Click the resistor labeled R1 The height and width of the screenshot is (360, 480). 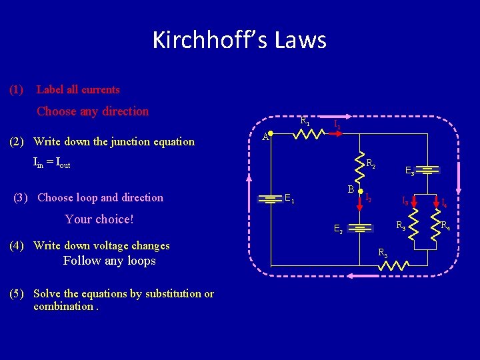tap(309, 134)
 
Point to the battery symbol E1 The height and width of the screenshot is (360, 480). tap(272, 199)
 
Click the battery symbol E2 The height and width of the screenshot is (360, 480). tap(361, 227)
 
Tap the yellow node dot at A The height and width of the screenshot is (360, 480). tap(271, 133)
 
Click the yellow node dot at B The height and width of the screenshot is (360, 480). tap(360, 191)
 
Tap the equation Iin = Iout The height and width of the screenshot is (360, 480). tap(51, 162)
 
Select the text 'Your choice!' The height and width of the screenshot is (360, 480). tap(99, 219)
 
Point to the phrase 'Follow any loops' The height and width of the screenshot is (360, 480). tap(109, 261)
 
